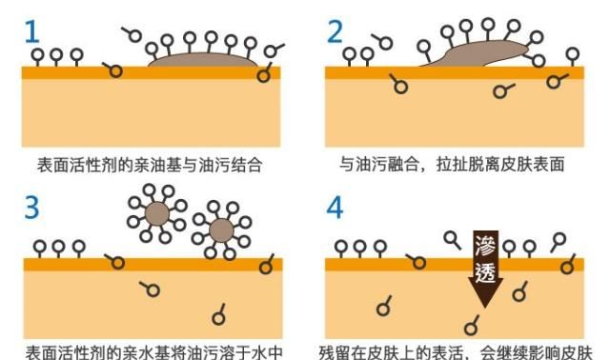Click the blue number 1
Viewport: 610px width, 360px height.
[x=32, y=31]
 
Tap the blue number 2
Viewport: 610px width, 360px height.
[x=335, y=31]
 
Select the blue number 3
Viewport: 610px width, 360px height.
[x=32, y=208]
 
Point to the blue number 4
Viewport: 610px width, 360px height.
[x=335, y=208]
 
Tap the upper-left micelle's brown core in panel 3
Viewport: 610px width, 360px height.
[x=157, y=211]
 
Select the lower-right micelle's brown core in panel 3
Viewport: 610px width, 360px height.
[x=221, y=230]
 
